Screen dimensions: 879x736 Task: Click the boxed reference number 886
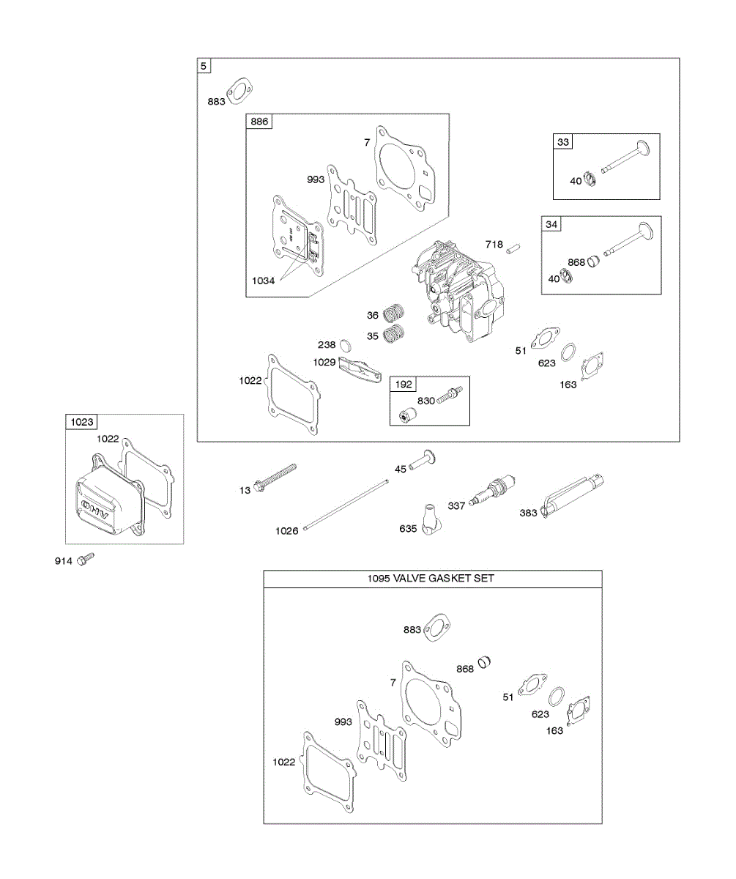coord(259,122)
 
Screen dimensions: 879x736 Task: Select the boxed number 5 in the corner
coord(204,66)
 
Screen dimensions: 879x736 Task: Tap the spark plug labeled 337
coord(496,489)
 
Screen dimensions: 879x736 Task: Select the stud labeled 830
coord(447,398)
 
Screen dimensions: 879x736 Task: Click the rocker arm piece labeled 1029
coord(361,368)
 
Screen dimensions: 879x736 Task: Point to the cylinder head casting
coord(458,293)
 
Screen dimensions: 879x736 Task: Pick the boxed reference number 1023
coord(81,422)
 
